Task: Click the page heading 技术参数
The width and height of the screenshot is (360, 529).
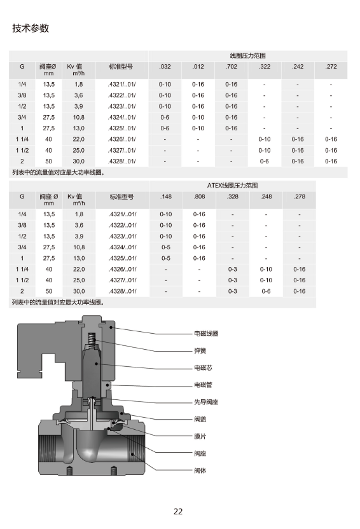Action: coord(31,29)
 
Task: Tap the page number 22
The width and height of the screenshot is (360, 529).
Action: coord(178,511)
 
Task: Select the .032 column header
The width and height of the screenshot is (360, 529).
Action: coord(165,67)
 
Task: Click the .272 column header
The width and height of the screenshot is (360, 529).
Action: coord(331,67)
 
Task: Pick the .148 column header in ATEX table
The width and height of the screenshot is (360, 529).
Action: coord(165,196)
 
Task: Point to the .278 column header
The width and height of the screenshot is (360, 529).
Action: coord(299,196)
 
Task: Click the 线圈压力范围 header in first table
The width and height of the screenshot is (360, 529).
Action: coord(247,55)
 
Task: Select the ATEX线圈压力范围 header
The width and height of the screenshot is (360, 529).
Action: coord(232,185)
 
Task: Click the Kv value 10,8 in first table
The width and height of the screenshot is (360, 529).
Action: coord(79,117)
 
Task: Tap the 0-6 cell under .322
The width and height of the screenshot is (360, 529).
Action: coord(265,161)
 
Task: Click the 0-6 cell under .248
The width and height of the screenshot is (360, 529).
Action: coord(266,291)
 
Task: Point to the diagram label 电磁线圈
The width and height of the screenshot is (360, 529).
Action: coord(206,333)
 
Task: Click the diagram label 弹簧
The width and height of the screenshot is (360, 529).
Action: coord(200,350)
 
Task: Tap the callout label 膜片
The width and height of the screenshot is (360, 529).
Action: coord(200,436)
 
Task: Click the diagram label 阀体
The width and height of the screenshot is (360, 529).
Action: coord(200,471)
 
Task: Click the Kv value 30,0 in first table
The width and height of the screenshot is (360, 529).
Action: coord(79,161)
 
